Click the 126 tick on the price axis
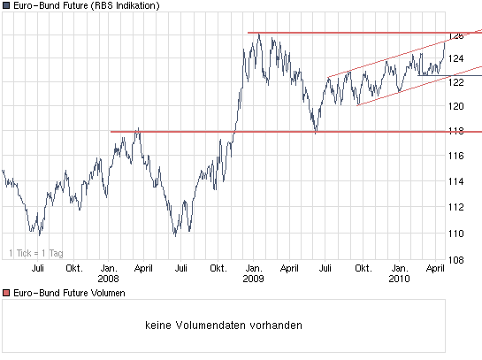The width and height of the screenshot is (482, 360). coord(455,36)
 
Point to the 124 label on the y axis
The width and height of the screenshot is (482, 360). coord(455,59)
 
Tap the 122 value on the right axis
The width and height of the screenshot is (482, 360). coord(455,82)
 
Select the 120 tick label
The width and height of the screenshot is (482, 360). coord(455,106)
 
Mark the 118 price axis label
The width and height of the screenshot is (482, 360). coord(455,131)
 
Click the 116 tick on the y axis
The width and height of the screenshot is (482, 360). coord(455,156)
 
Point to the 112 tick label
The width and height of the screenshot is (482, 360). coord(455,207)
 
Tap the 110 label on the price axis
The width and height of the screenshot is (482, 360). coord(455,234)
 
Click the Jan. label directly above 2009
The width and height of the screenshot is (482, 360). coord(253,267)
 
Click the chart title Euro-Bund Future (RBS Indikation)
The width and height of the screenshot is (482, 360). coord(87,6)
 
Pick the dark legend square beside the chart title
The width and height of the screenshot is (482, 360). coord(5,6)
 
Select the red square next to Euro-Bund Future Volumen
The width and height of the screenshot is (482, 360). coord(5,293)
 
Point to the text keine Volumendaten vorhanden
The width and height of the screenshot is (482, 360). coord(224,326)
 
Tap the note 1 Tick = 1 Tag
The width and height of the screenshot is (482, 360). coord(36,253)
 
